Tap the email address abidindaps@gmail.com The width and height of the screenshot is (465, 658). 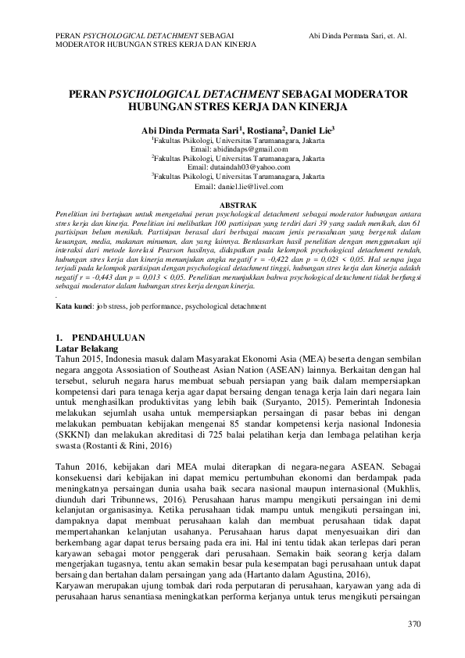click(x=233, y=148)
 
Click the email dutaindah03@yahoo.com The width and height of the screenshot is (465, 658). click(x=233, y=167)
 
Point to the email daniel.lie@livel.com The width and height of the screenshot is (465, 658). click(x=233, y=188)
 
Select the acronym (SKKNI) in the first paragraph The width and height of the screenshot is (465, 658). click(x=75, y=433)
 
